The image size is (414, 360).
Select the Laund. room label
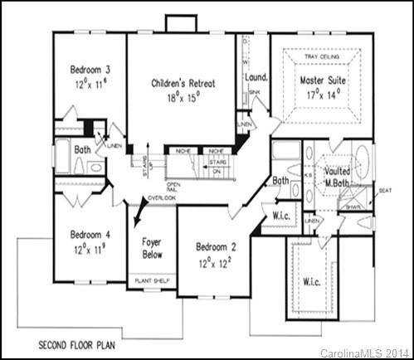tap(255, 78)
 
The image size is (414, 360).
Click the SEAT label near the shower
tap(385, 190)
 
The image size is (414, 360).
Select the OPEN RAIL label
tap(173, 187)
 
